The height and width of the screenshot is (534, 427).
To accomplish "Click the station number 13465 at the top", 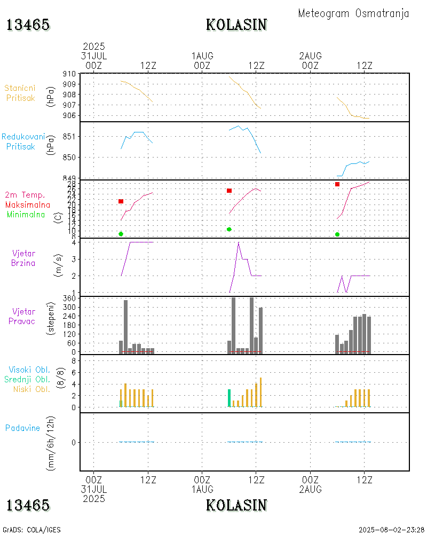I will coord(28,25).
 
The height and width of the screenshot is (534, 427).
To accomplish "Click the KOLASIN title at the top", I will coord(236,25).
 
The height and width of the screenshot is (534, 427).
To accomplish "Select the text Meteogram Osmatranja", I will coord(353,13).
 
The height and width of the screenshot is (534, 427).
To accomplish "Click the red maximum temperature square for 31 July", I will coord(121,201).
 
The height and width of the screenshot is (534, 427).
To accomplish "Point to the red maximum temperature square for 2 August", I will coord(337,184).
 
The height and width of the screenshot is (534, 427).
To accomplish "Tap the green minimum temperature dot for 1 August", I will coord(229,229).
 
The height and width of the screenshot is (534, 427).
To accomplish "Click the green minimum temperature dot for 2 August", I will coord(337,234).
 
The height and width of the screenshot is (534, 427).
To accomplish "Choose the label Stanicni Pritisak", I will coord(20,92).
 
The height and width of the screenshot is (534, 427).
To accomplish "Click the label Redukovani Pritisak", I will coord(23,141).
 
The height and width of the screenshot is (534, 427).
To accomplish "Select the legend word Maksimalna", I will coord(28,205).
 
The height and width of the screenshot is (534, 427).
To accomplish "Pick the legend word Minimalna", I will coord(26,214).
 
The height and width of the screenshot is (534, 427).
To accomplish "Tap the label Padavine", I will coord(22,428).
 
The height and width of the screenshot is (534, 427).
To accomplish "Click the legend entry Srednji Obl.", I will coord(29,379).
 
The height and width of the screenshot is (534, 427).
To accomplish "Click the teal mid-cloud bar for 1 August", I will coord(230,398).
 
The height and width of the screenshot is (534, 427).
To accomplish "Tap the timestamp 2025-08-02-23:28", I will coord(391,530).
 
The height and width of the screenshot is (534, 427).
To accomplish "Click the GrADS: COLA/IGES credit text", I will coord(31,530).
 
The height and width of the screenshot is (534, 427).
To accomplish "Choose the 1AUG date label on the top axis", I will coord(202,56).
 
